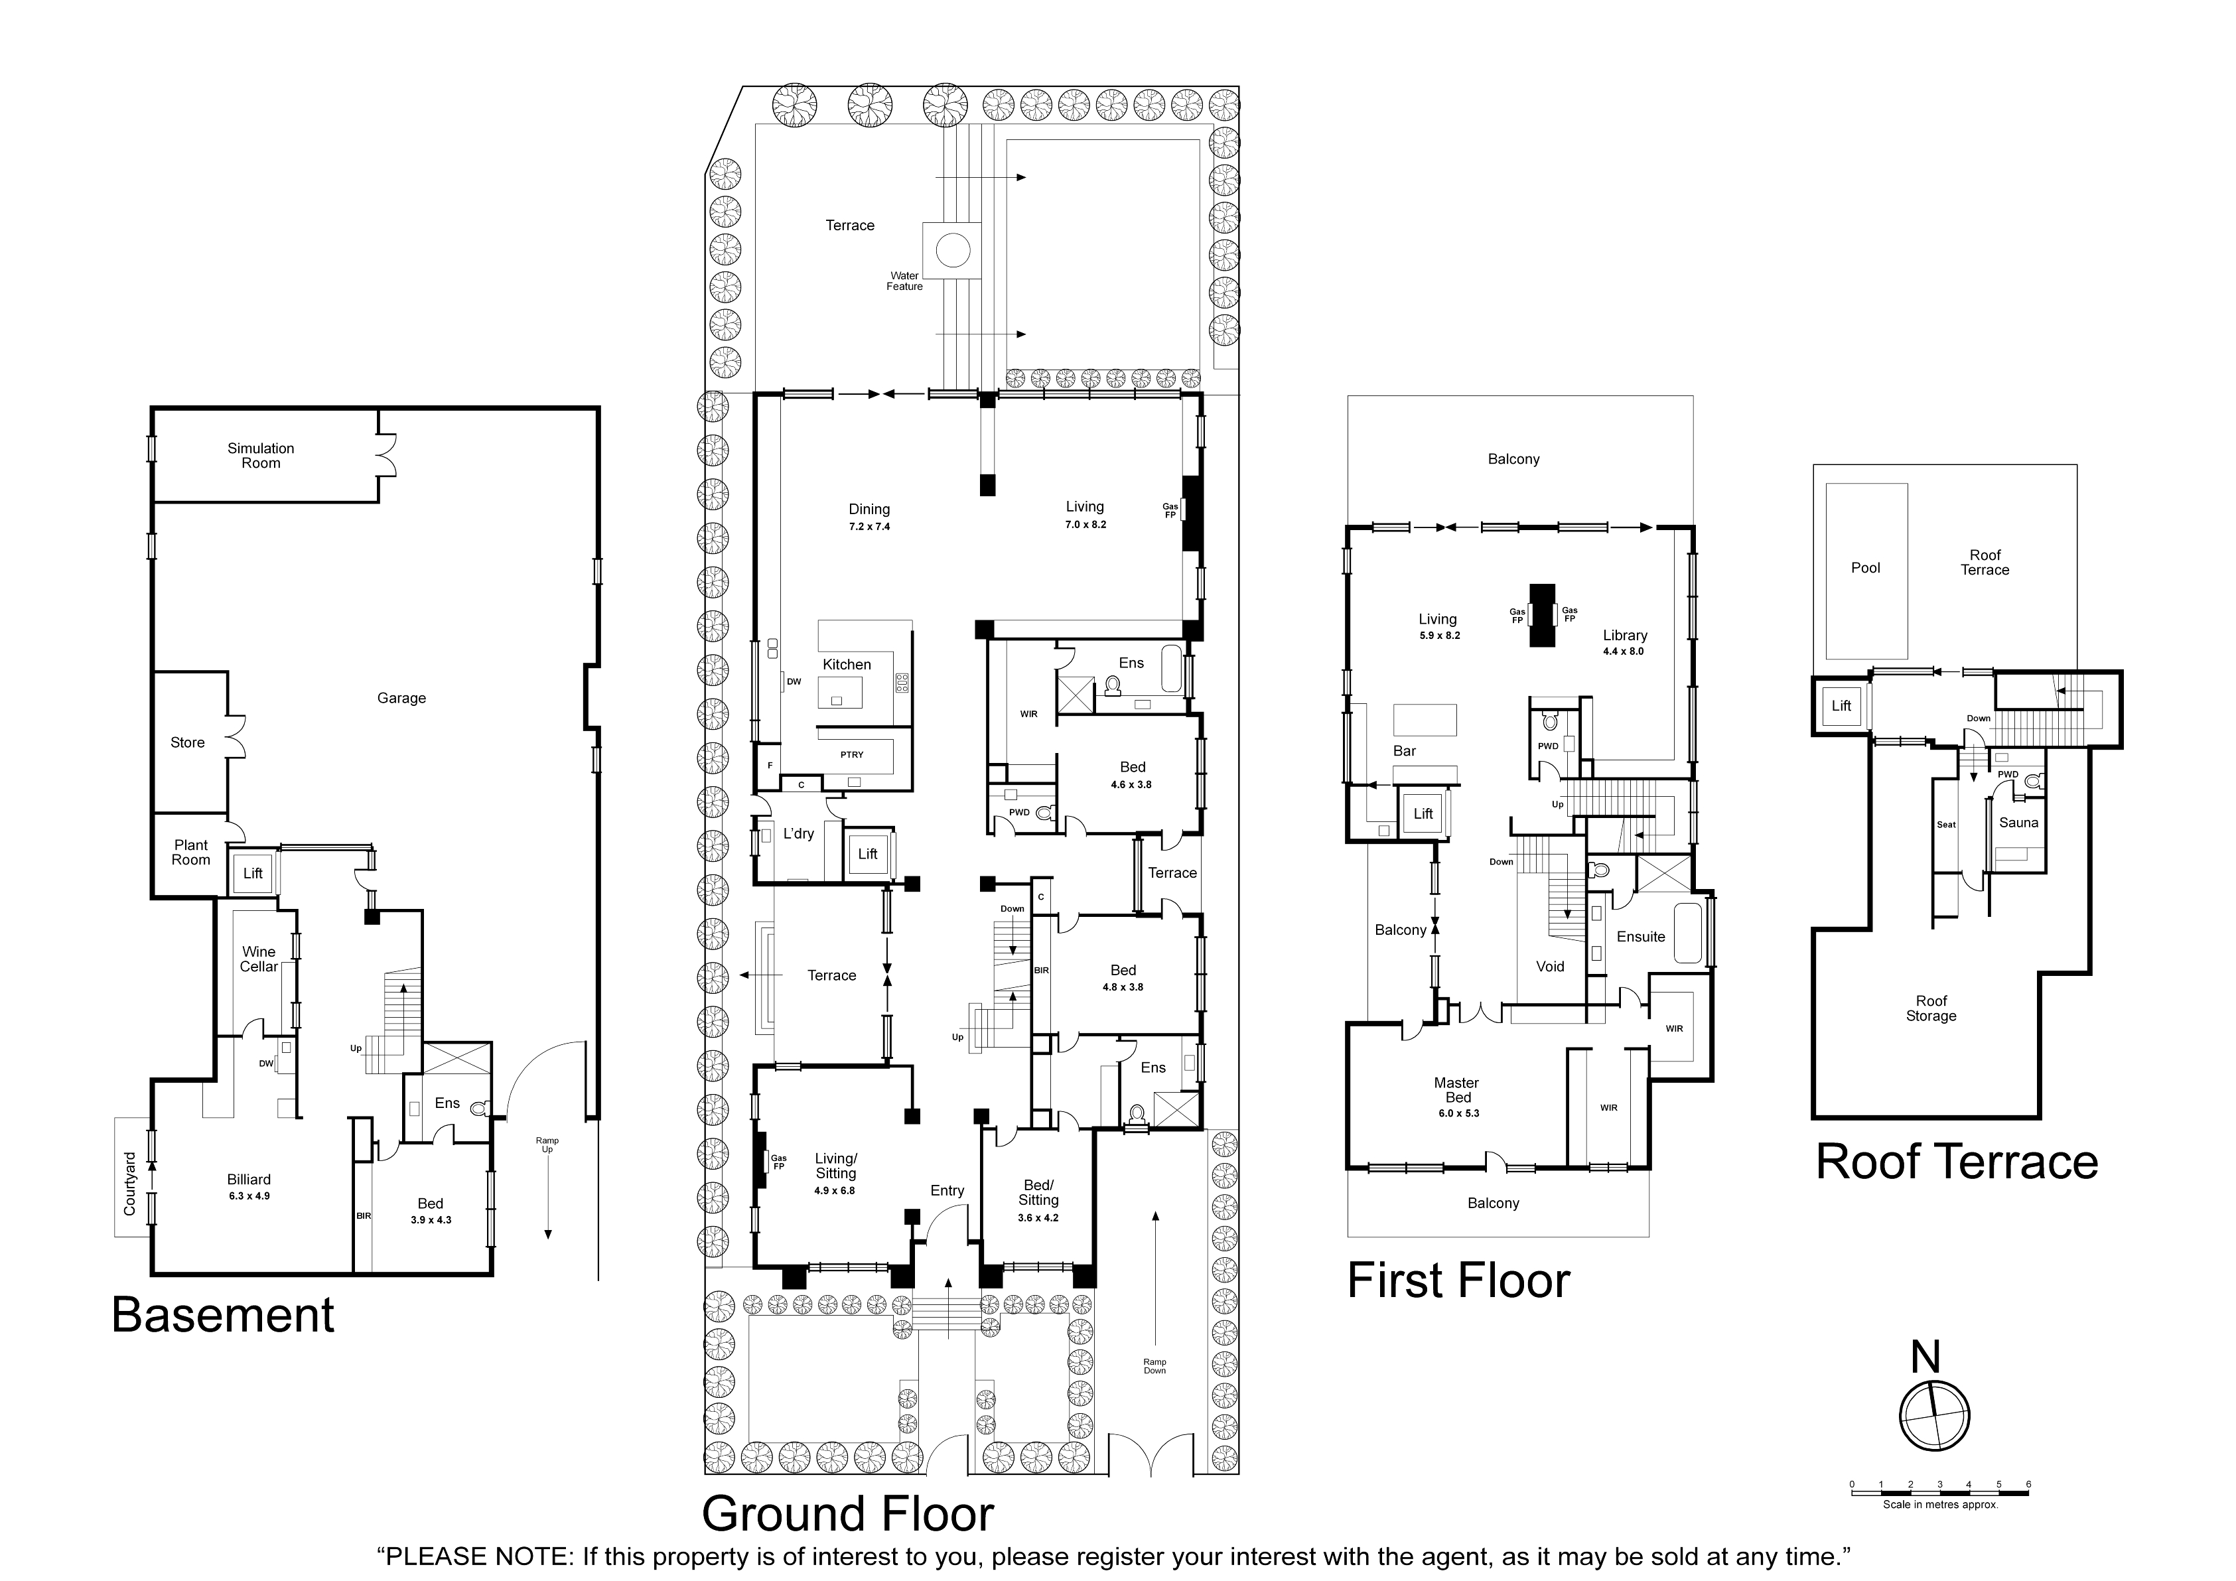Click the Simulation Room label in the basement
click(x=260, y=456)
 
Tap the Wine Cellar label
click(x=259, y=959)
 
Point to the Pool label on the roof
click(x=1865, y=567)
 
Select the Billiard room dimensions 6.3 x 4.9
click(x=249, y=1196)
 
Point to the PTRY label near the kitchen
click(x=851, y=754)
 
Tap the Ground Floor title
click(x=847, y=1514)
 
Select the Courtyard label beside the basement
click(x=129, y=1184)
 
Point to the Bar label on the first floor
click(x=1405, y=750)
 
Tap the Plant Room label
click(x=191, y=853)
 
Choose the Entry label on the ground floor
click(x=947, y=1191)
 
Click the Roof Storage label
click(x=1931, y=1008)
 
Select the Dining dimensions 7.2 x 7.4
click(x=869, y=527)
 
